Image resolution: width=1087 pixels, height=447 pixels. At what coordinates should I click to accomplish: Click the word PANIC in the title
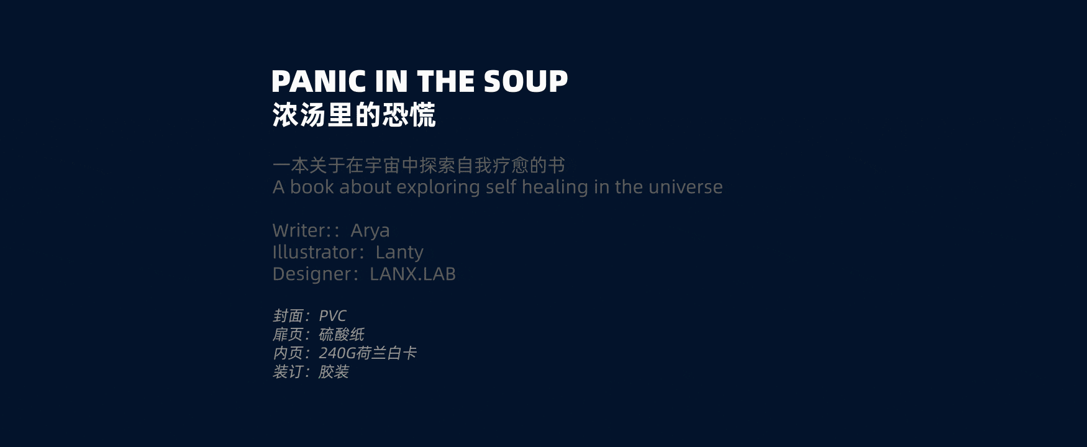point(319,81)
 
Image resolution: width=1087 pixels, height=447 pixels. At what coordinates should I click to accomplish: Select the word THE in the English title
point(447,81)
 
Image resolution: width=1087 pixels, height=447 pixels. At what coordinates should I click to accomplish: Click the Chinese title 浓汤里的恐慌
point(354,115)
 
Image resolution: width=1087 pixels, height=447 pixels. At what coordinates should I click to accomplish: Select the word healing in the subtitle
point(555,187)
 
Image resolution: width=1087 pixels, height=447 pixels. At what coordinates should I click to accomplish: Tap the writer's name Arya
point(370,230)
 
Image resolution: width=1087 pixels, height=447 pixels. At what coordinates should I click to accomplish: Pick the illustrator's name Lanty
point(399,252)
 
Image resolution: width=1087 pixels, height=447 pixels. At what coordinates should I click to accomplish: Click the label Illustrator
point(315,252)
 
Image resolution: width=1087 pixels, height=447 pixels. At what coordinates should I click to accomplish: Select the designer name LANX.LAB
point(412,274)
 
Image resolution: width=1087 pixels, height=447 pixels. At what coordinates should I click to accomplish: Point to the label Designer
point(312,274)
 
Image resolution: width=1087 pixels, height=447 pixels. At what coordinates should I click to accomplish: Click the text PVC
point(332,316)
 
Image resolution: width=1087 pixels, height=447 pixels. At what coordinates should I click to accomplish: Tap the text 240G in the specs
point(337,353)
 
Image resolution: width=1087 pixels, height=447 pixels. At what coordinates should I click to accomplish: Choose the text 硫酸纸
point(341,335)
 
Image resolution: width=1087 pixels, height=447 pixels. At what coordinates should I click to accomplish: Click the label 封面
point(288,316)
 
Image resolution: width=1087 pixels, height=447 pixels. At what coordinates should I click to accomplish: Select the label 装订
point(288,372)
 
